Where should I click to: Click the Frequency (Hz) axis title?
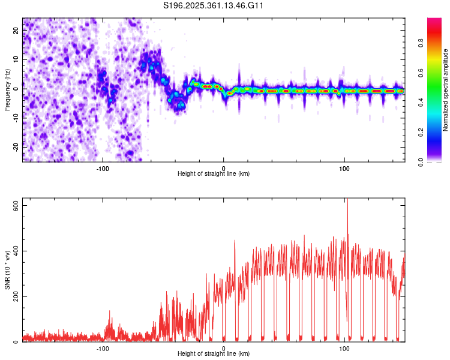(7, 90)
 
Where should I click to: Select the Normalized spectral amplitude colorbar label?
(446, 90)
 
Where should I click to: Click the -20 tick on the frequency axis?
(16, 146)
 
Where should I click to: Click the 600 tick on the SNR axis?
(15, 205)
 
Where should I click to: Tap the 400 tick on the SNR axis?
(15, 251)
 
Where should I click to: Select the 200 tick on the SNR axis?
(15, 296)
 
